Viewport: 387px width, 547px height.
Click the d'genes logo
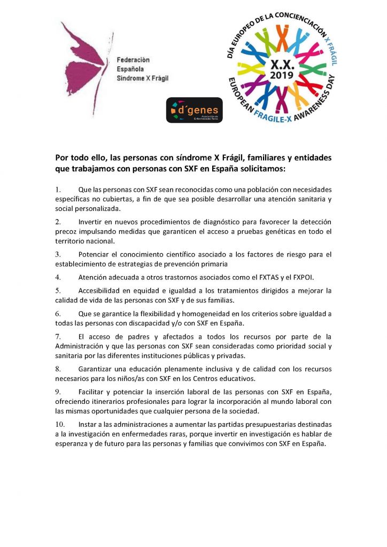(x=194, y=110)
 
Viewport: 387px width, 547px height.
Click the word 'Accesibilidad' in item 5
(x=101, y=291)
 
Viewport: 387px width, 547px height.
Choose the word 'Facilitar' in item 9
(x=92, y=392)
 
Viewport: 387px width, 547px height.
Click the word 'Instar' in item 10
(x=87, y=423)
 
